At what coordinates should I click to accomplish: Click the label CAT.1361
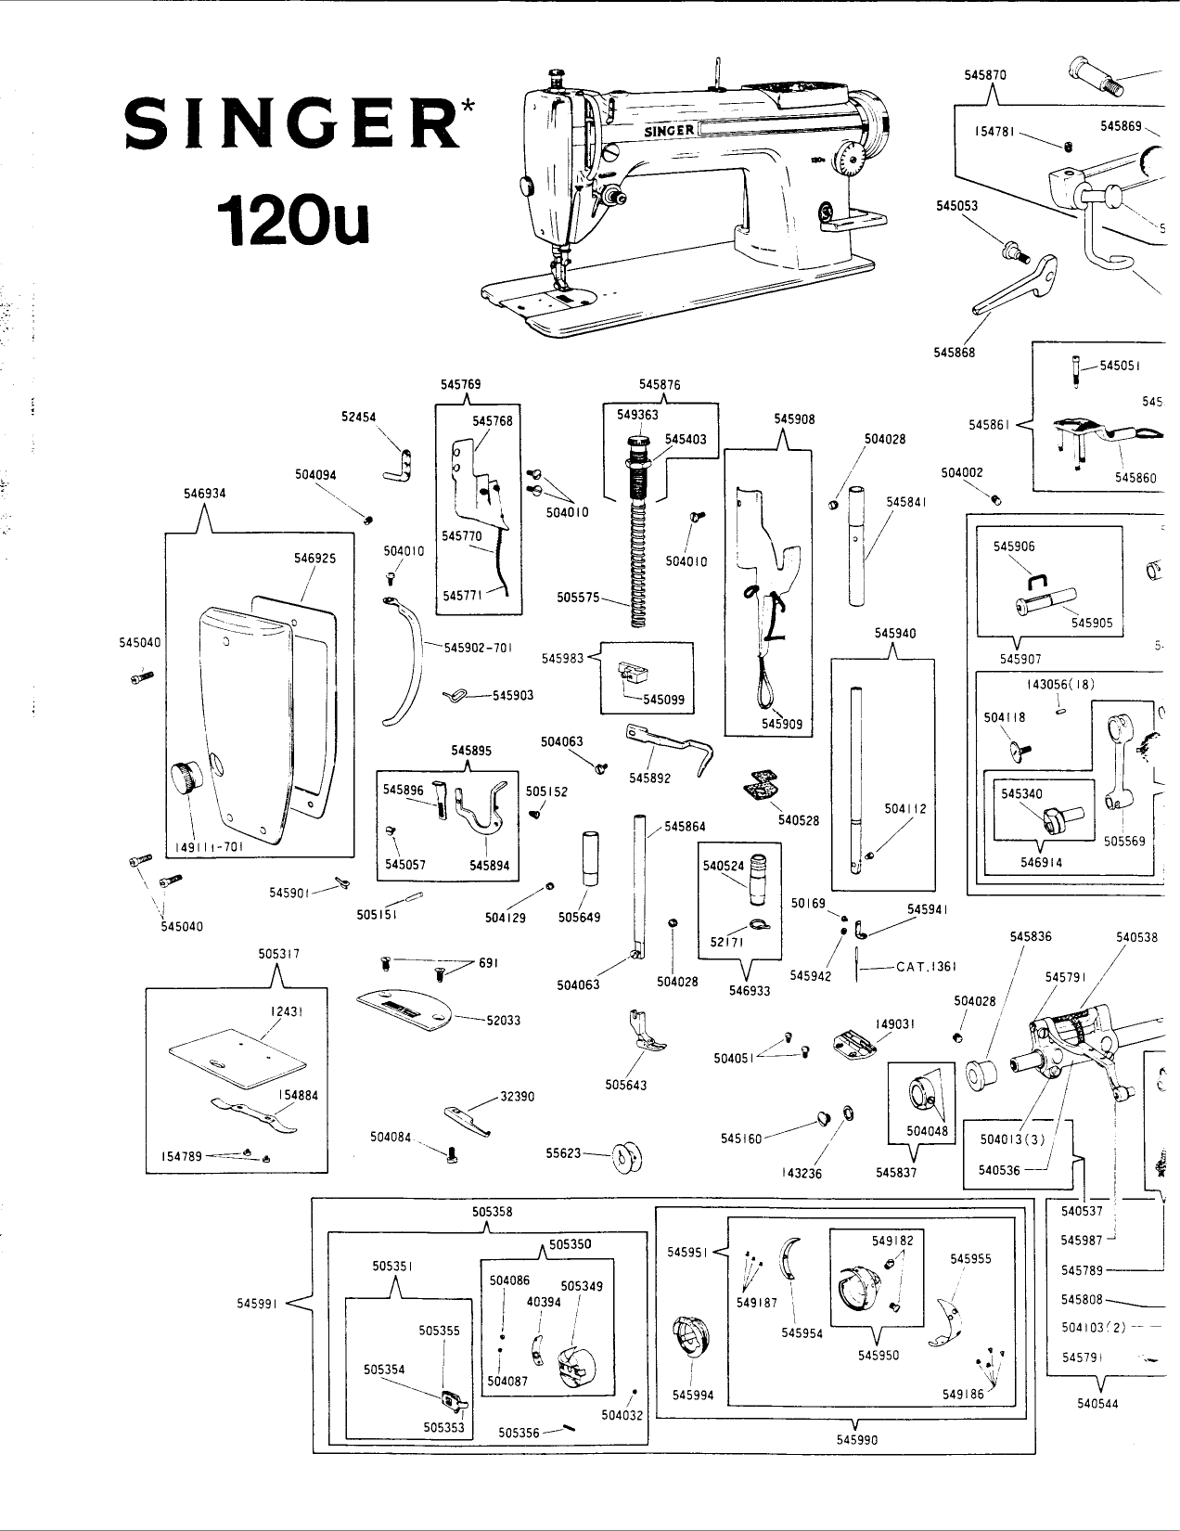click(926, 967)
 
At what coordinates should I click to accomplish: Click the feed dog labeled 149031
click(852, 1042)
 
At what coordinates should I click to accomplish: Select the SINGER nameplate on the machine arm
click(671, 131)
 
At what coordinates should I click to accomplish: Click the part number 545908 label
click(794, 418)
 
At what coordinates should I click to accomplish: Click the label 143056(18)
click(1060, 684)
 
